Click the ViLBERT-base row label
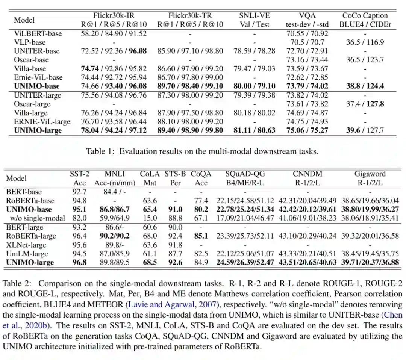[x=38, y=33]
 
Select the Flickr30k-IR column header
[x=114, y=16]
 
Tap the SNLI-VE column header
[x=255, y=16]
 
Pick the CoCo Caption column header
[x=365, y=16]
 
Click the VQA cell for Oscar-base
[x=307, y=60]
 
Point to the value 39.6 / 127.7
[x=365, y=130]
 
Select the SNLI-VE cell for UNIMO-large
[x=255, y=130]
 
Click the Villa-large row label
[x=31, y=113]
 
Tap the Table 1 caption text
[x=202, y=151]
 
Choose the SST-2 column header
[x=79, y=174]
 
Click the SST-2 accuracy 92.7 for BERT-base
[x=78, y=192]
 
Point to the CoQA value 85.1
[x=201, y=236]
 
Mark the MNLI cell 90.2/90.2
[x=115, y=236]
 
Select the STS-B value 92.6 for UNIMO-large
[x=175, y=262]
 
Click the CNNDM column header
[x=303, y=174]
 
